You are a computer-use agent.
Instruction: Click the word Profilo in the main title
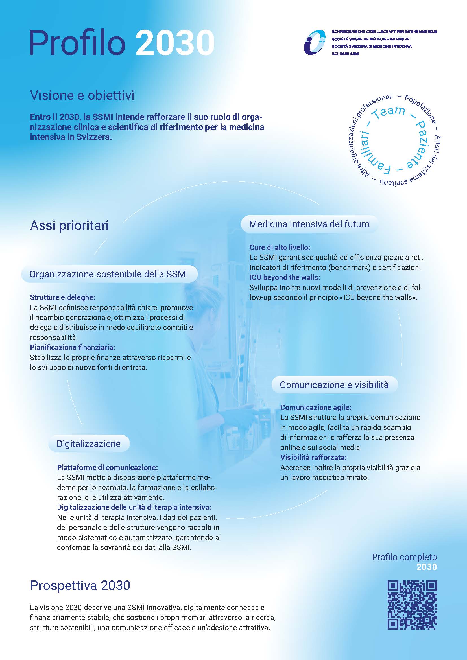[78, 43]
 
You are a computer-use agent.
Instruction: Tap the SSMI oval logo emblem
[315, 42]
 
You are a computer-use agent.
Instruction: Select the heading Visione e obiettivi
[82, 95]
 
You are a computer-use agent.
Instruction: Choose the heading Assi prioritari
[69, 226]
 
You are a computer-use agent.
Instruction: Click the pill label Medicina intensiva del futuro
[309, 224]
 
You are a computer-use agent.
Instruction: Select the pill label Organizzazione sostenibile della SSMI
[109, 274]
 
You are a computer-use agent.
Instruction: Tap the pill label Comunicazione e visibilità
[334, 385]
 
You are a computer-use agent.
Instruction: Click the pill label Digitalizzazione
[89, 444]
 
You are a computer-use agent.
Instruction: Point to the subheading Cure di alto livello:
[280, 247]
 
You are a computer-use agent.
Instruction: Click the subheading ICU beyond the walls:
[285, 277]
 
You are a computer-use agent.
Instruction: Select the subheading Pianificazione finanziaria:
[73, 347]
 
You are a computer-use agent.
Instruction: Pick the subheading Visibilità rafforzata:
[313, 457]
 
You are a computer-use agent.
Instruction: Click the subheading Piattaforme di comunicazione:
[107, 467]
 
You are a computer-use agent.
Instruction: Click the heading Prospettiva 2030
[80, 585]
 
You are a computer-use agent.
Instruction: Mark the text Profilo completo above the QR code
[404, 557]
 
